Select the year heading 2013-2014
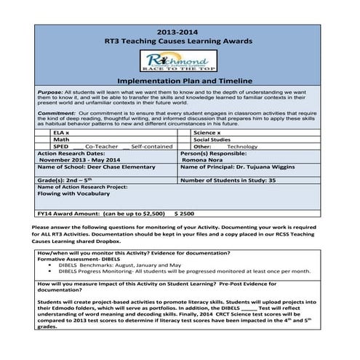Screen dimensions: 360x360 point(179,33)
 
